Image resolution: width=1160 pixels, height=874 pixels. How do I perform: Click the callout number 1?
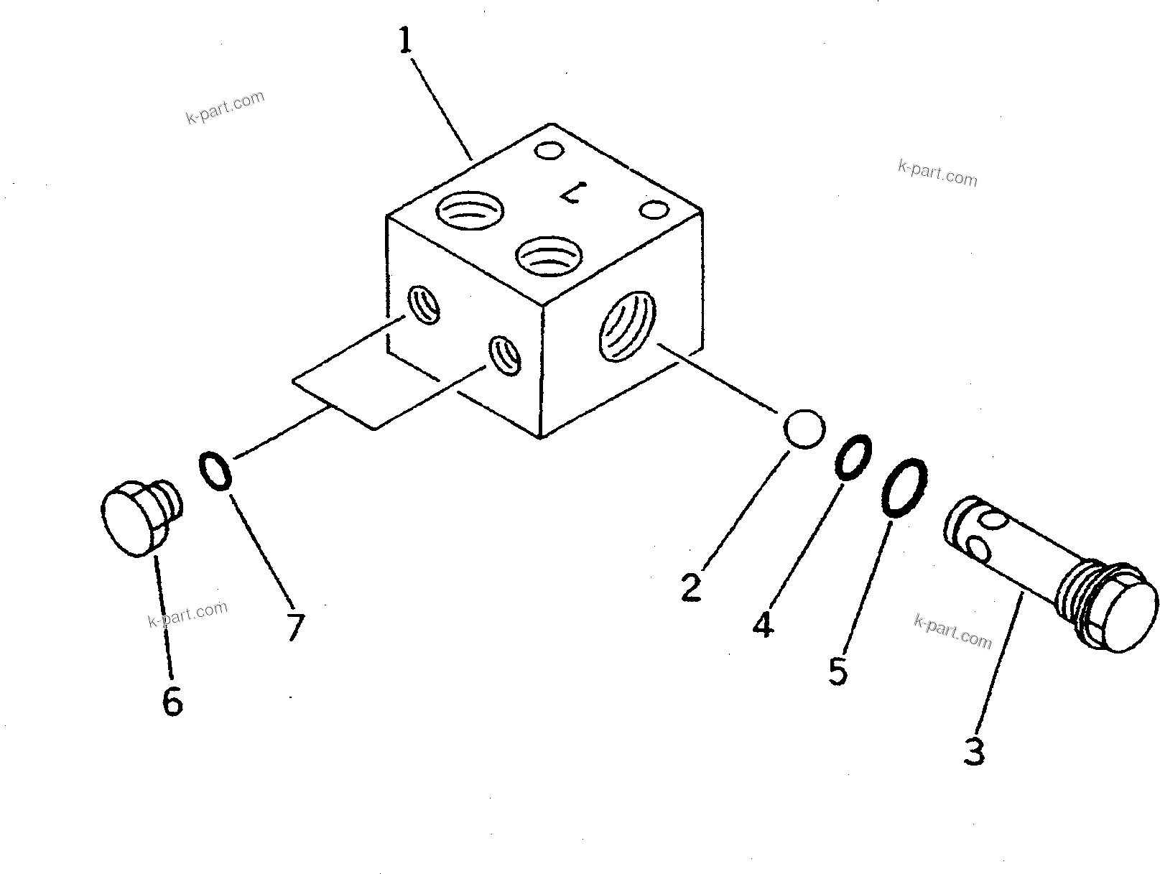pos(406,41)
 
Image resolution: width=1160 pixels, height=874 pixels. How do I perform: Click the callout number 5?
pos(837,671)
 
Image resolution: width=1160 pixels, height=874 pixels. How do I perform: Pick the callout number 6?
pos(172,701)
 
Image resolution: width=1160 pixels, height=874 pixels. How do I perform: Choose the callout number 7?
pos(295,627)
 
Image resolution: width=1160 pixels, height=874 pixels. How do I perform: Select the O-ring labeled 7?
pos(214,470)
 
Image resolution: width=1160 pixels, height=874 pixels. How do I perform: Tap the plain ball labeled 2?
pos(804,429)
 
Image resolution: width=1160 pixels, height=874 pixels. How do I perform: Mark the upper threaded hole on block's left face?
pos(424,304)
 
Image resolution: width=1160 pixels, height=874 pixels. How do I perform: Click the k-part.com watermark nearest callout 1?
pos(226,108)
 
